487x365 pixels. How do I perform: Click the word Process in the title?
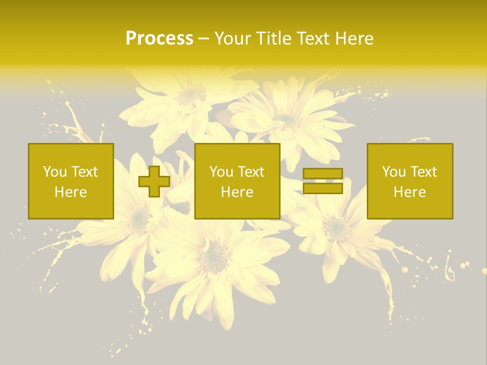[159, 39]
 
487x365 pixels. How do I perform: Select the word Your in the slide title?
[231, 39]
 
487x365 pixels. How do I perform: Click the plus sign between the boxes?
[154, 181]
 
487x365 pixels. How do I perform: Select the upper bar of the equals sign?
[323, 174]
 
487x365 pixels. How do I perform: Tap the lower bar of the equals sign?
[323, 189]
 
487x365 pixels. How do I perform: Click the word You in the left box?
[55, 172]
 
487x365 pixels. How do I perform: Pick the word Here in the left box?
[71, 192]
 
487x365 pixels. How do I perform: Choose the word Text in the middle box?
[251, 172]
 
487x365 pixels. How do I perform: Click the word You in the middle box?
[221, 172]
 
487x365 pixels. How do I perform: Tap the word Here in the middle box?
[237, 192]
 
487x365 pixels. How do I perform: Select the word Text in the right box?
[423, 172]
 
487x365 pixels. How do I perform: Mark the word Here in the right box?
[410, 192]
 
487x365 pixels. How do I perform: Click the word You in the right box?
[394, 172]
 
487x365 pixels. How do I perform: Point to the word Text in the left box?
[84, 172]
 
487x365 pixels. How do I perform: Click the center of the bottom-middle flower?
[214, 258]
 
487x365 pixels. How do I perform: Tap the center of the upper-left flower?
[191, 95]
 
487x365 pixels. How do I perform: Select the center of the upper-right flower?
[288, 121]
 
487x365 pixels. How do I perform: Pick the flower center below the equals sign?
[336, 228]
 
